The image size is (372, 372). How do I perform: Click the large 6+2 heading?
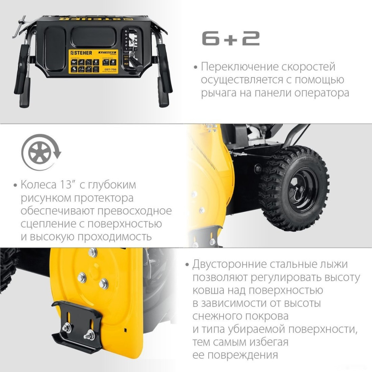coord(231,38)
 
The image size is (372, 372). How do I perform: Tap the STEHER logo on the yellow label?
coord(81,53)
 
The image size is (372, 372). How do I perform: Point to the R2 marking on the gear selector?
coord(126,65)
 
